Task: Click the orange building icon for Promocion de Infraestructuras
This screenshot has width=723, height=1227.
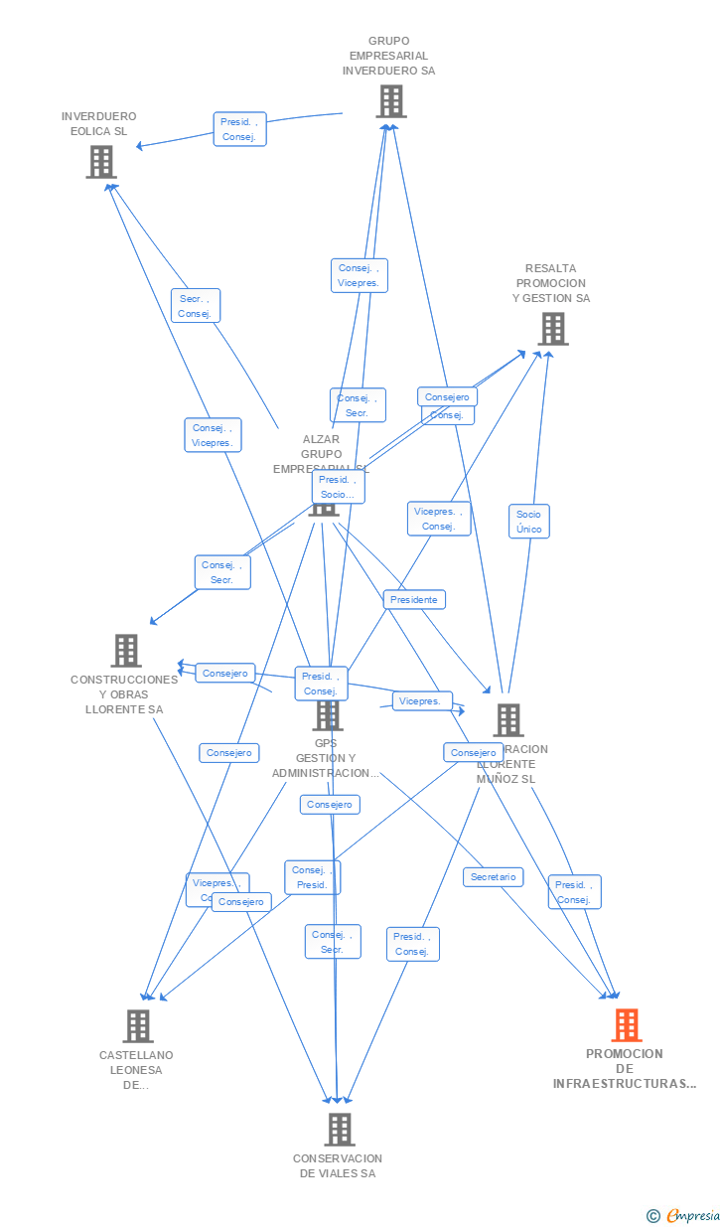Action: click(x=626, y=1024)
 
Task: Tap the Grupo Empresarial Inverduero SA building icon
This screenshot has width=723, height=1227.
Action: click(x=390, y=100)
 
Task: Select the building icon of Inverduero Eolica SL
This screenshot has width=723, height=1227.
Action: click(x=100, y=162)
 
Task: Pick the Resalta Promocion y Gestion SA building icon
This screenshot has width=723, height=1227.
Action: click(x=552, y=328)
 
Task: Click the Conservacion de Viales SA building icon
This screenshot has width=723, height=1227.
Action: click(x=340, y=1129)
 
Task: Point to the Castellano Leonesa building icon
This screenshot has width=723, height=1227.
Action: click(x=137, y=1025)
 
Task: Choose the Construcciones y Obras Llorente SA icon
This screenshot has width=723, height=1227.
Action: click(x=126, y=651)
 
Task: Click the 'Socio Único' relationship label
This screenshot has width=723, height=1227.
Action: click(x=528, y=522)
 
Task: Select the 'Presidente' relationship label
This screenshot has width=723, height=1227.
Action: click(x=414, y=600)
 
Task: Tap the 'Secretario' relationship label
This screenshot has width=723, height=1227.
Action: click(x=494, y=877)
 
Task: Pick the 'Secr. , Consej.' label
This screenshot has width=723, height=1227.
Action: click(x=195, y=306)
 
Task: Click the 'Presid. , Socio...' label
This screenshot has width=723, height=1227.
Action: click(x=338, y=487)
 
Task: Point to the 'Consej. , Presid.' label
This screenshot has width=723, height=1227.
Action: click(x=312, y=877)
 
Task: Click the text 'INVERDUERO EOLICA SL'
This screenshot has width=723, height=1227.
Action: click(x=98, y=123)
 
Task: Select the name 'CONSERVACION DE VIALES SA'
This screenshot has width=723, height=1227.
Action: click(x=338, y=1165)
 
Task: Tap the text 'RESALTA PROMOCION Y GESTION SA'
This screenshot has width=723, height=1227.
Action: click(x=551, y=283)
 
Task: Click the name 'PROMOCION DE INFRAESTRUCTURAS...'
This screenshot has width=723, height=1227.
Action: click(x=625, y=1069)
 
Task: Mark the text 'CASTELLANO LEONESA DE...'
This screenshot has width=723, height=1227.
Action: click(x=136, y=1070)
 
